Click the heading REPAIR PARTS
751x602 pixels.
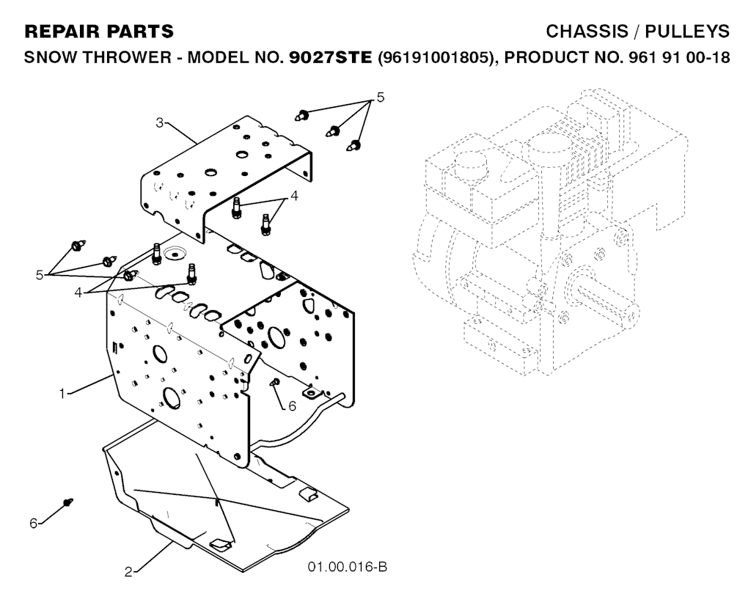coord(99,32)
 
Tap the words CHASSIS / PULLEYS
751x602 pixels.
coord(637,32)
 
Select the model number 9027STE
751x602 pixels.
coord(331,57)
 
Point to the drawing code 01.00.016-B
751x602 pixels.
coord(347,567)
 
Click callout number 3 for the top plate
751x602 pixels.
coord(159,122)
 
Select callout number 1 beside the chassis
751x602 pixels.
coord(62,394)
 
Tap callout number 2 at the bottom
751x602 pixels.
coord(128,572)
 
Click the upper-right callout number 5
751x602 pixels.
coord(381,98)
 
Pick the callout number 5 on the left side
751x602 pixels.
coord(40,275)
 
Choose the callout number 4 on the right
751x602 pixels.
coord(294,196)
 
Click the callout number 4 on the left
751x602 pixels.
coord(78,292)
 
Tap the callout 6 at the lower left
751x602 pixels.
coord(33,524)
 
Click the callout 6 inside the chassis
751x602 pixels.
coord(292,406)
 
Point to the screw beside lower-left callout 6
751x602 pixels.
coord(67,502)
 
